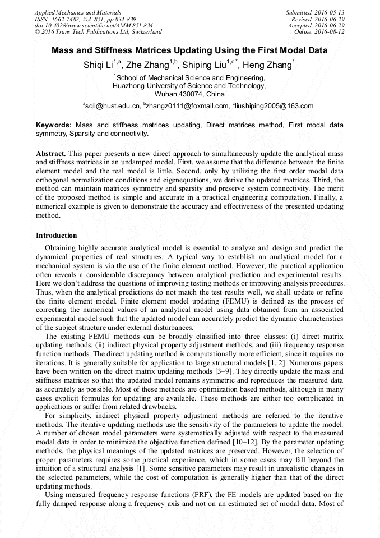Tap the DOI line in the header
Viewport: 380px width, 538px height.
coord(94,25)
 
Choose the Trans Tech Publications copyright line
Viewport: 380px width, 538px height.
coord(98,32)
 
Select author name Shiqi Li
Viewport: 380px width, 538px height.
coord(98,65)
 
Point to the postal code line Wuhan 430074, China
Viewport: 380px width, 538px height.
coord(189,94)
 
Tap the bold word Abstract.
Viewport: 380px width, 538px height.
coord(51,153)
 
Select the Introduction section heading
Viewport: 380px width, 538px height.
coord(57,236)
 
